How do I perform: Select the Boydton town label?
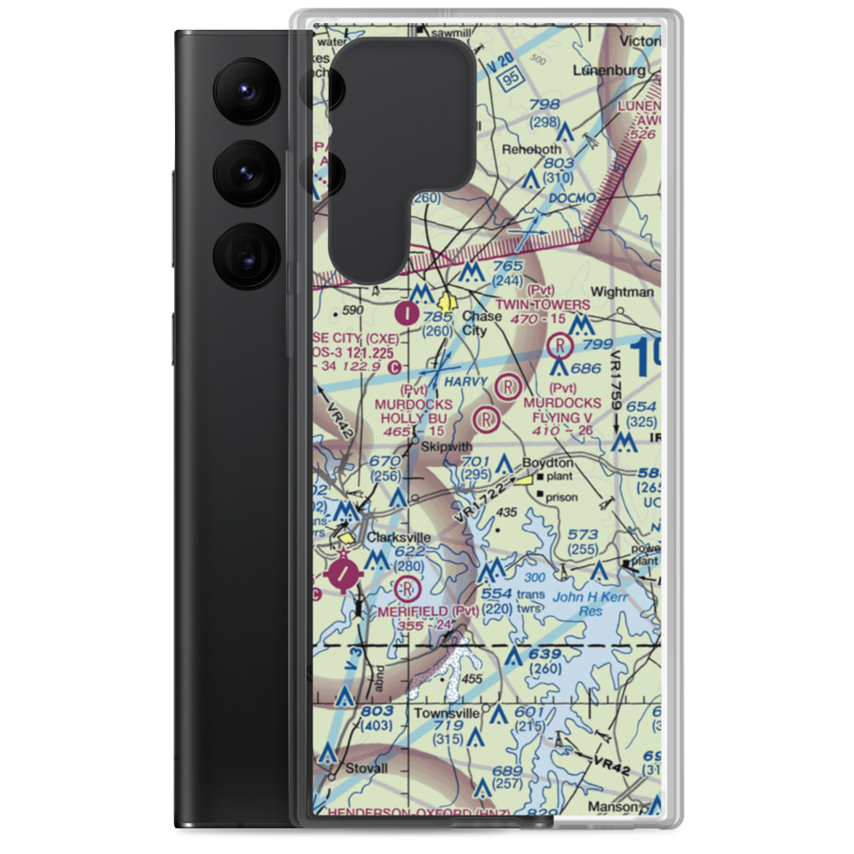pyautogui.click(x=548, y=463)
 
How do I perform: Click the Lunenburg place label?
pyautogui.click(x=607, y=69)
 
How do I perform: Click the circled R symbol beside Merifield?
pyautogui.click(x=407, y=588)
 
